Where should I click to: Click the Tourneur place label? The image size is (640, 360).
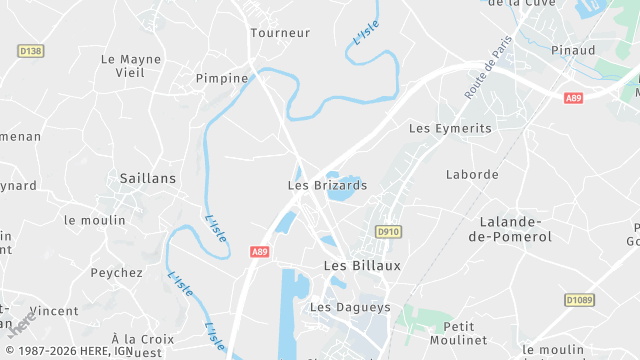280,33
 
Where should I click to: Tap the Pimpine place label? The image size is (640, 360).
222,78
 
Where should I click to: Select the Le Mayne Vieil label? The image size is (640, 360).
131,66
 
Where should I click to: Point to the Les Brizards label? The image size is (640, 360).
327,185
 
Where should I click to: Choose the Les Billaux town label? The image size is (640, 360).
362,265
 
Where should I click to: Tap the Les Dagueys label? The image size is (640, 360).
350,307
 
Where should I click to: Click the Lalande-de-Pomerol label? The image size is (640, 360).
517,229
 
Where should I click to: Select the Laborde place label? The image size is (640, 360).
472,174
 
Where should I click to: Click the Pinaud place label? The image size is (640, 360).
573,50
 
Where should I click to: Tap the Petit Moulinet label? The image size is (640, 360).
458,334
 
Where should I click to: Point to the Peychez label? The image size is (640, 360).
117,272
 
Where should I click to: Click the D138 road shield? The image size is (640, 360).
31,50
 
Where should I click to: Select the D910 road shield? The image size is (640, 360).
388,232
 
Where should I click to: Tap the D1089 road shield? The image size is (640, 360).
579,299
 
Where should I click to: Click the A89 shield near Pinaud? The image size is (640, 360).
573,98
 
